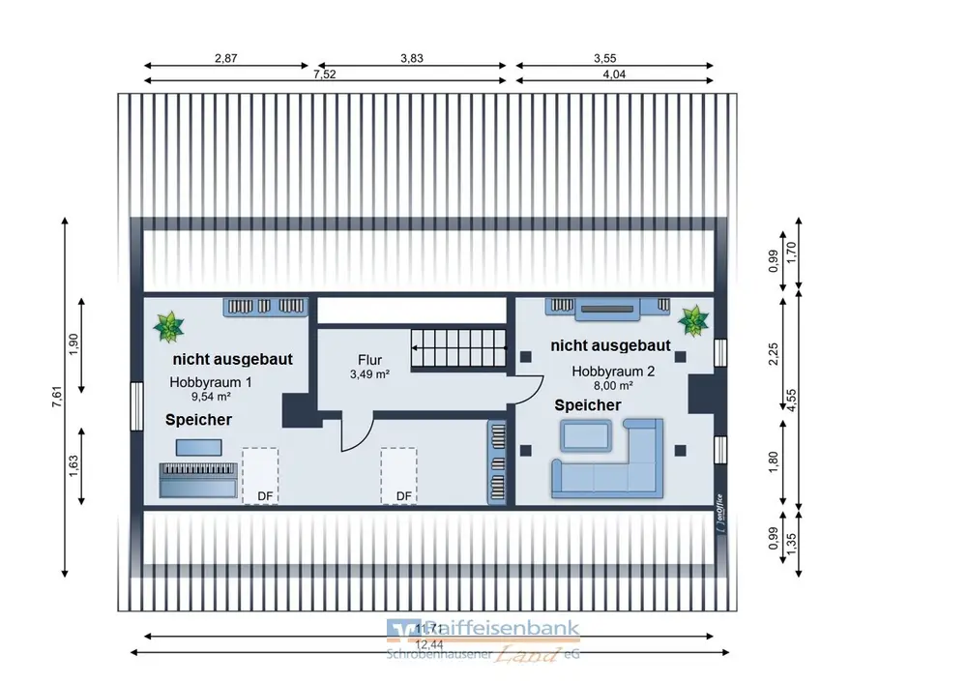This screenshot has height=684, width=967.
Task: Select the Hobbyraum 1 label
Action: pyautogui.click(x=201, y=388)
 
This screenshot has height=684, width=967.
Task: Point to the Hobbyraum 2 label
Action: pyautogui.click(x=613, y=377)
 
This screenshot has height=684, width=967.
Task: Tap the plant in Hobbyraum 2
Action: pyautogui.click(x=692, y=320)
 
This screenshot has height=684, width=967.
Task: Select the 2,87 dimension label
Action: pyautogui.click(x=225, y=58)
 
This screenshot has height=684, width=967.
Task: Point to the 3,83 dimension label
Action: pyautogui.click(x=412, y=58)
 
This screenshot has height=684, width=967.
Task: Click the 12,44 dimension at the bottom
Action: pyautogui.click(x=424, y=644)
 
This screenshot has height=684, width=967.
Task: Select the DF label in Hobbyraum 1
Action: pyautogui.click(x=263, y=496)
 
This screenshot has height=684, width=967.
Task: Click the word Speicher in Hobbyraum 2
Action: pyautogui.click(x=588, y=405)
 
